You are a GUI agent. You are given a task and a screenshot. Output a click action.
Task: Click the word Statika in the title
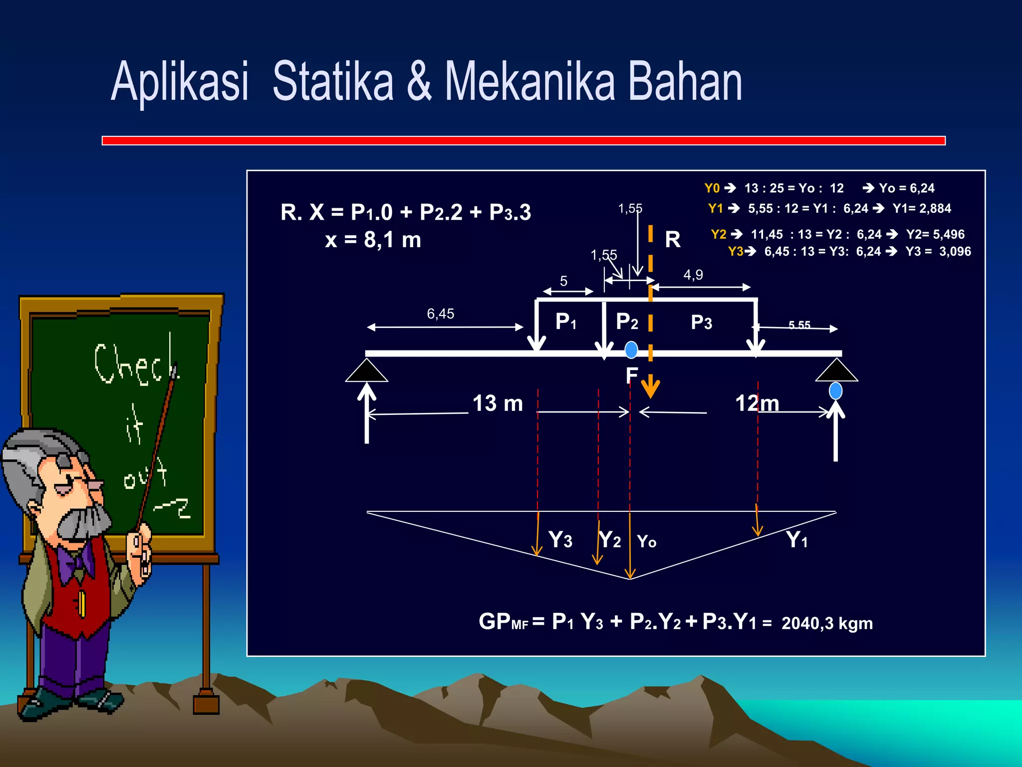click(x=333, y=81)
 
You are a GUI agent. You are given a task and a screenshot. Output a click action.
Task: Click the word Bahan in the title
click(x=685, y=81)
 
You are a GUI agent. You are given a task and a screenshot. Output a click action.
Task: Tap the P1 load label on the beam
click(x=566, y=322)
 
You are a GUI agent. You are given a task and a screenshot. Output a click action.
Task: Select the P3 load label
click(x=701, y=323)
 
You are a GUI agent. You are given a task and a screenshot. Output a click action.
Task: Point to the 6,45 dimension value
click(x=440, y=314)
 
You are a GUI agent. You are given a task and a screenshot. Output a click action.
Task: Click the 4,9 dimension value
click(x=693, y=275)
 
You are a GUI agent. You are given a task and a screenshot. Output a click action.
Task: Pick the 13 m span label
click(x=498, y=403)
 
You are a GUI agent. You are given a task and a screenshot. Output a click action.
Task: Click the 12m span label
click(x=757, y=403)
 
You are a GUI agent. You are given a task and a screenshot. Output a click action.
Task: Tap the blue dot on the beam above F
click(x=631, y=350)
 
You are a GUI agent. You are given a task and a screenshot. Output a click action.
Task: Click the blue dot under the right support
click(x=835, y=390)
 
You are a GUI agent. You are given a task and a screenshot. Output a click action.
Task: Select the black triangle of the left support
click(x=367, y=372)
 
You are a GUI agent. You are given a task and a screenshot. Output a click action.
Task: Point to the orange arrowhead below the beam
click(x=650, y=388)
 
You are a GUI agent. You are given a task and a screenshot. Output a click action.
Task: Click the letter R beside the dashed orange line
click(x=673, y=240)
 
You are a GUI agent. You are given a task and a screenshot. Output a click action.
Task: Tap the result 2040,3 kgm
click(x=827, y=623)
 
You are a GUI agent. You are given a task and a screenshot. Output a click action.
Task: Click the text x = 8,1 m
click(x=373, y=240)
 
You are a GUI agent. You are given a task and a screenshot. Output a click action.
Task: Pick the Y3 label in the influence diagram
click(x=560, y=540)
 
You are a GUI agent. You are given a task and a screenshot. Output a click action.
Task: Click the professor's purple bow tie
click(x=75, y=562)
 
